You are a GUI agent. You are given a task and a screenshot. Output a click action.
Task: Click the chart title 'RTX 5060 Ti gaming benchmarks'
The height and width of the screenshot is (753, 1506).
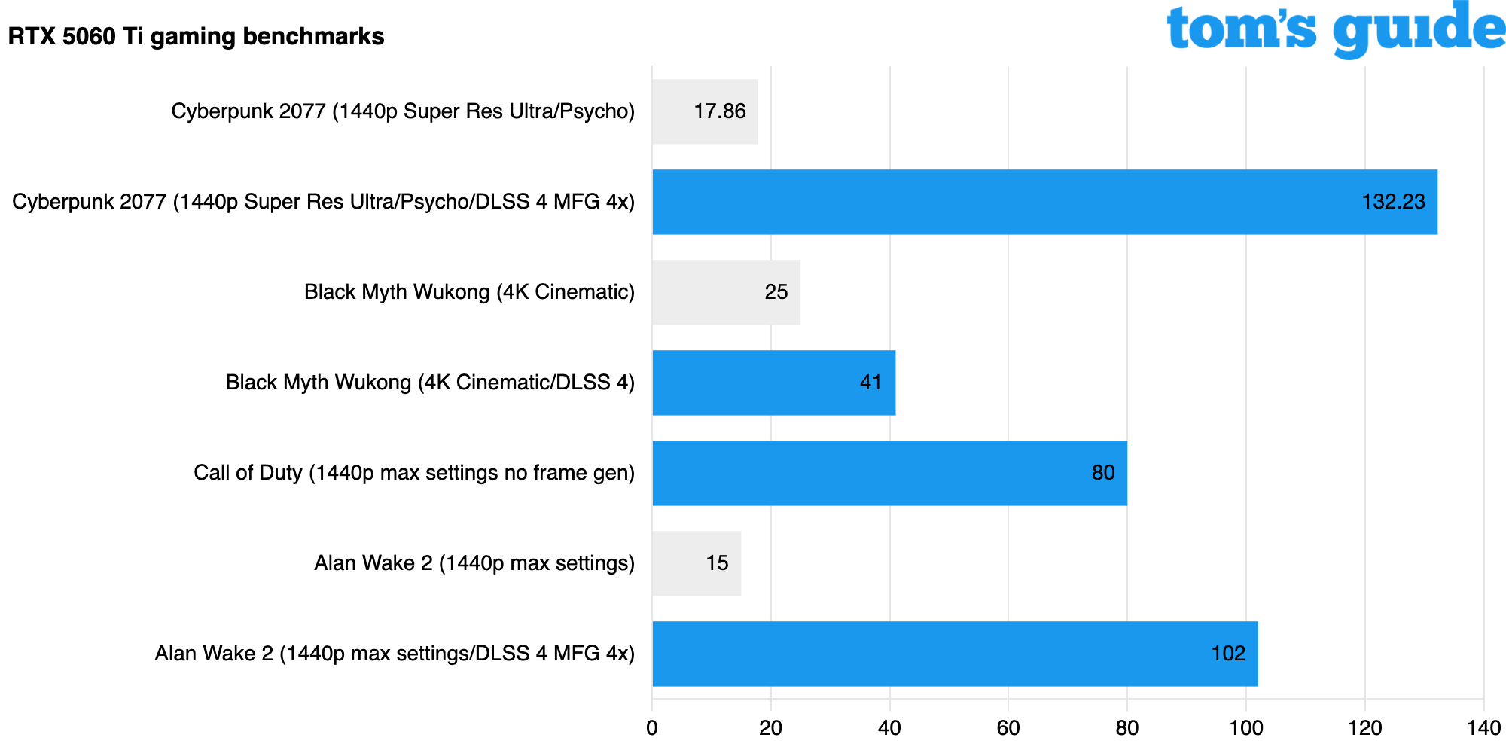pyautogui.click(x=196, y=36)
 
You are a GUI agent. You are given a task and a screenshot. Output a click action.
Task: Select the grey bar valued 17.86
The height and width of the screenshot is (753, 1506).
pyautogui.click(x=704, y=111)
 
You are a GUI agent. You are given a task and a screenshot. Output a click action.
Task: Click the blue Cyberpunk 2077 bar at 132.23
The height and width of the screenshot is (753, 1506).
pyautogui.click(x=1044, y=202)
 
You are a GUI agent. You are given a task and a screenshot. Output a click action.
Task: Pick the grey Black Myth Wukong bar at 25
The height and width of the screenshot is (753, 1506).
pyautogui.click(x=726, y=292)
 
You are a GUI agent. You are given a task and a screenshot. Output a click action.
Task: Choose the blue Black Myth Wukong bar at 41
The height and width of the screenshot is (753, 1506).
pyautogui.click(x=773, y=383)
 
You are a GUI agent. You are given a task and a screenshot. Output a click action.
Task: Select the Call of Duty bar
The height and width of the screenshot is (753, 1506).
pyautogui.click(x=889, y=473)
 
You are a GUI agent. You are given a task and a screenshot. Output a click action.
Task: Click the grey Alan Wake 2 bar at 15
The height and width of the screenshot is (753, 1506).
pyautogui.click(x=697, y=563)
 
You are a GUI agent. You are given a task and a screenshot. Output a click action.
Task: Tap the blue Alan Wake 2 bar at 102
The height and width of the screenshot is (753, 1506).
pyautogui.click(x=955, y=654)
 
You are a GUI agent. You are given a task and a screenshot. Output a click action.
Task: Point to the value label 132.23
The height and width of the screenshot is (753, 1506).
pyautogui.click(x=1393, y=202)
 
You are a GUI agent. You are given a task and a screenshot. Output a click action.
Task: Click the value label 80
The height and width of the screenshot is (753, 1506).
pyautogui.click(x=1103, y=473)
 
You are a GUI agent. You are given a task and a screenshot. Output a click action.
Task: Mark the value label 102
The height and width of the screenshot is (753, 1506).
pyautogui.click(x=1228, y=654)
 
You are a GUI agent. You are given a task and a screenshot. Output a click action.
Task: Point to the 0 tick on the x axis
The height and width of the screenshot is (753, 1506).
pyautogui.click(x=652, y=728)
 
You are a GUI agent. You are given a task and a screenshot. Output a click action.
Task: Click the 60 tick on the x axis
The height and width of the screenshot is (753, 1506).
pyautogui.click(x=1008, y=728)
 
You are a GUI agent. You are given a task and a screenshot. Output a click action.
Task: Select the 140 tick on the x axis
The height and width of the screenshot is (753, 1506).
pyautogui.click(x=1483, y=728)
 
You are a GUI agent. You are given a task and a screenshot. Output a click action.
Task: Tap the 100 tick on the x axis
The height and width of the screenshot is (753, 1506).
pyautogui.click(x=1245, y=728)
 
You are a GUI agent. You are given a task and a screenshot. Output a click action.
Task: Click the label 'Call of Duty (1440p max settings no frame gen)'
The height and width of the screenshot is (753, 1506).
pyautogui.click(x=414, y=473)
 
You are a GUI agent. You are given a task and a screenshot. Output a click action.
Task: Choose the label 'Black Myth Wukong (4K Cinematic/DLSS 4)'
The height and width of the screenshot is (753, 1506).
pyautogui.click(x=430, y=383)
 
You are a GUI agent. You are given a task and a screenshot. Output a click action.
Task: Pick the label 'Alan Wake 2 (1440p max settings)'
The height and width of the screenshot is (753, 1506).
pyautogui.click(x=474, y=563)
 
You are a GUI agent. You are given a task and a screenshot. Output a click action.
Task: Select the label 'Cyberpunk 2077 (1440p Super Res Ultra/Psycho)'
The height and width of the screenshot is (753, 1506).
pyautogui.click(x=403, y=111)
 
